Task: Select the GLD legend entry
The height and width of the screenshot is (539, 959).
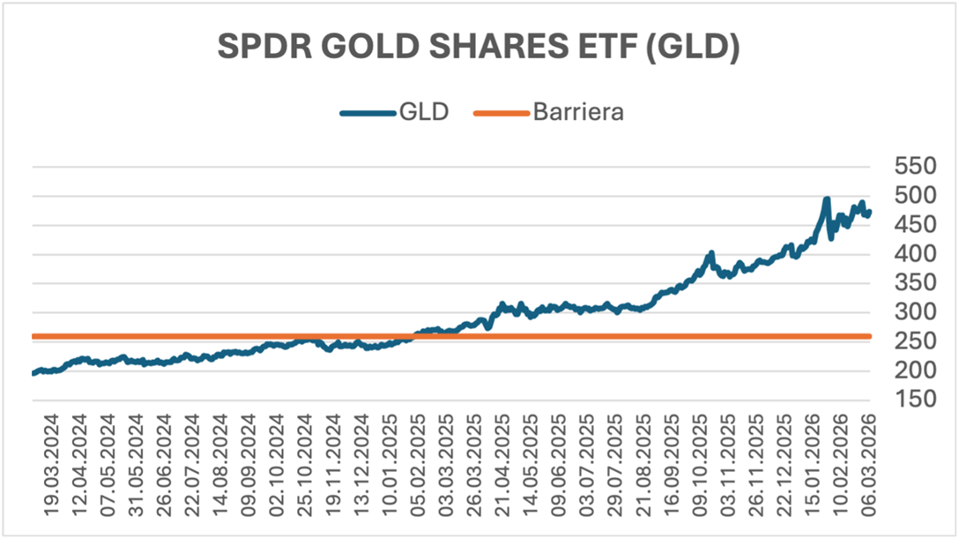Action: [394, 113]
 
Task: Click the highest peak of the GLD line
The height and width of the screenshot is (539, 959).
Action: [826, 200]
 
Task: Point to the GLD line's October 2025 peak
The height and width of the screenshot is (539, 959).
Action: [710, 254]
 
